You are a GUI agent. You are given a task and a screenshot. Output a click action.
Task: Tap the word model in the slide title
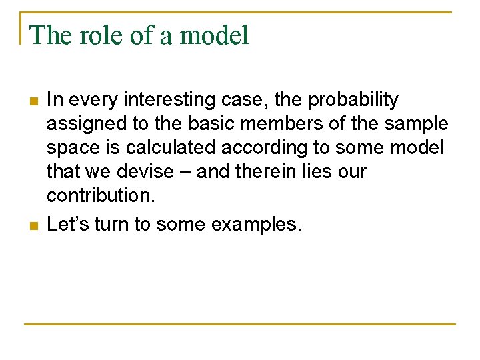click(215, 35)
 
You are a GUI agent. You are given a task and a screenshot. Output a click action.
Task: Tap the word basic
click(197, 125)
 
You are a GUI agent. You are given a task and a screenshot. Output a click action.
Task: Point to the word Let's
click(68, 224)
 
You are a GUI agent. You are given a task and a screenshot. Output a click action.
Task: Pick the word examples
click(256, 224)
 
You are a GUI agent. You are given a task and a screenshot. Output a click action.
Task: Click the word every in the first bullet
click(89, 100)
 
